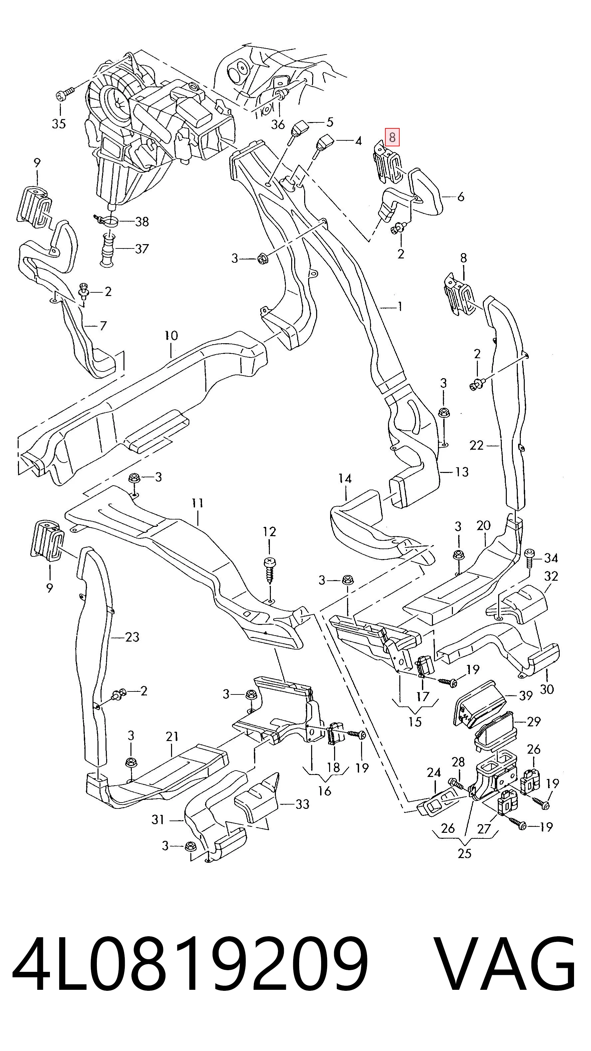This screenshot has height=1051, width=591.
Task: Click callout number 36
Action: point(278,124)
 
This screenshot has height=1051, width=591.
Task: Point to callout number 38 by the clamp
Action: point(142,222)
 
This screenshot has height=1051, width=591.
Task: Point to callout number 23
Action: point(132,637)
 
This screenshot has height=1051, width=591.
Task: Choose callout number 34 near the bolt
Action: point(551,557)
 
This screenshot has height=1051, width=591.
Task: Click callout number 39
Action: point(525,707)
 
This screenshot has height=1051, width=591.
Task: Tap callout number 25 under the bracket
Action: point(465,853)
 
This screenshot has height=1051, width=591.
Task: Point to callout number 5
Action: point(329,122)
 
